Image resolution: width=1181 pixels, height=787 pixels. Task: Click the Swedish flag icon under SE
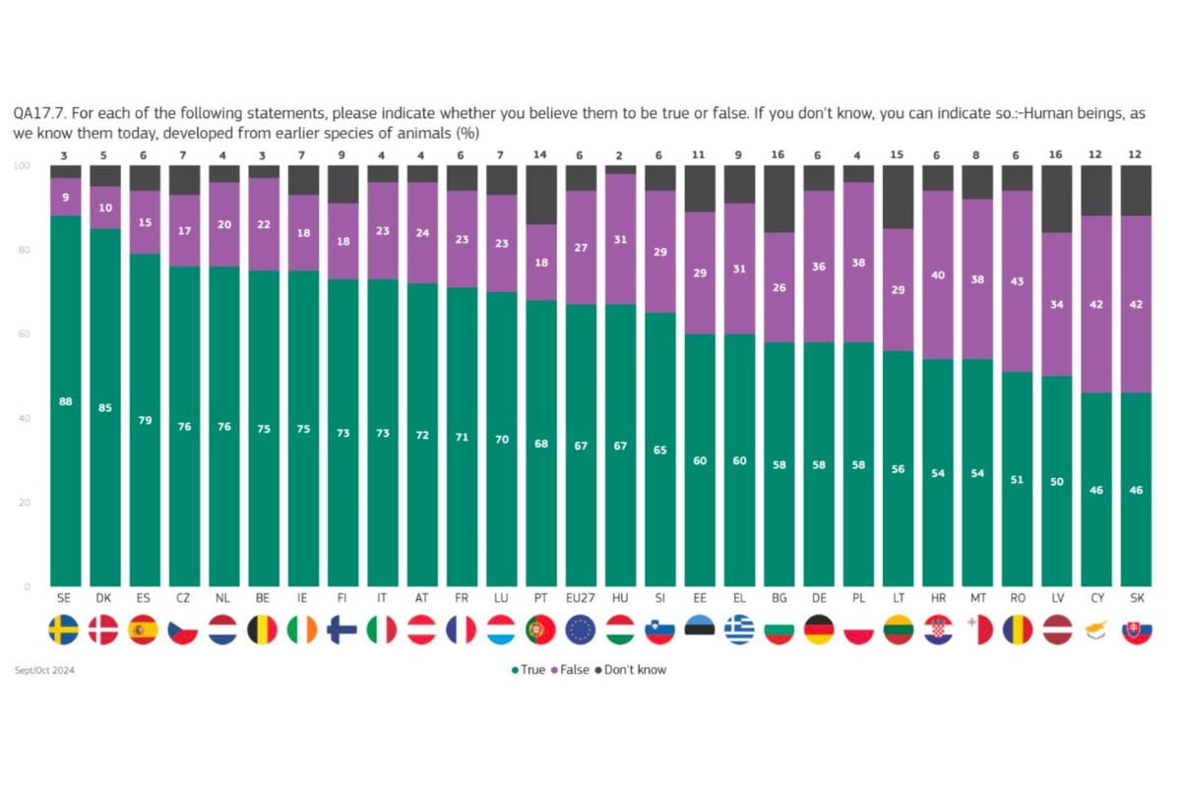click(65, 630)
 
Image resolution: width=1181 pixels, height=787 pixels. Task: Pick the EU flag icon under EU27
click(581, 630)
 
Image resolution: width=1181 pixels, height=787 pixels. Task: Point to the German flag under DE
click(818, 630)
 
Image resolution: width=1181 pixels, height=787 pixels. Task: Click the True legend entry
click(528, 670)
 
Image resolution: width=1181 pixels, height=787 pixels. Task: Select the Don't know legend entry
click(631, 670)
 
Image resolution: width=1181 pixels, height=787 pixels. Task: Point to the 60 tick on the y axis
click(23, 334)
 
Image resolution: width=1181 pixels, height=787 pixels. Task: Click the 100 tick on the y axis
click(21, 165)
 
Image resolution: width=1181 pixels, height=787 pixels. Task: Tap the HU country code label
click(620, 598)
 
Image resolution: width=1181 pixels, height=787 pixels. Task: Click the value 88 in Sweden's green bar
click(65, 401)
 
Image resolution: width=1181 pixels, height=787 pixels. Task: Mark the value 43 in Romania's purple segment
click(1016, 281)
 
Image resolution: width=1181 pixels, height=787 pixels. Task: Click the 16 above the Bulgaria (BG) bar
click(778, 154)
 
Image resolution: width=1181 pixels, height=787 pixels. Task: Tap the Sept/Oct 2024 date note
click(45, 670)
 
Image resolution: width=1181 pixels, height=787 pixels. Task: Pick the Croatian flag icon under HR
click(937, 630)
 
